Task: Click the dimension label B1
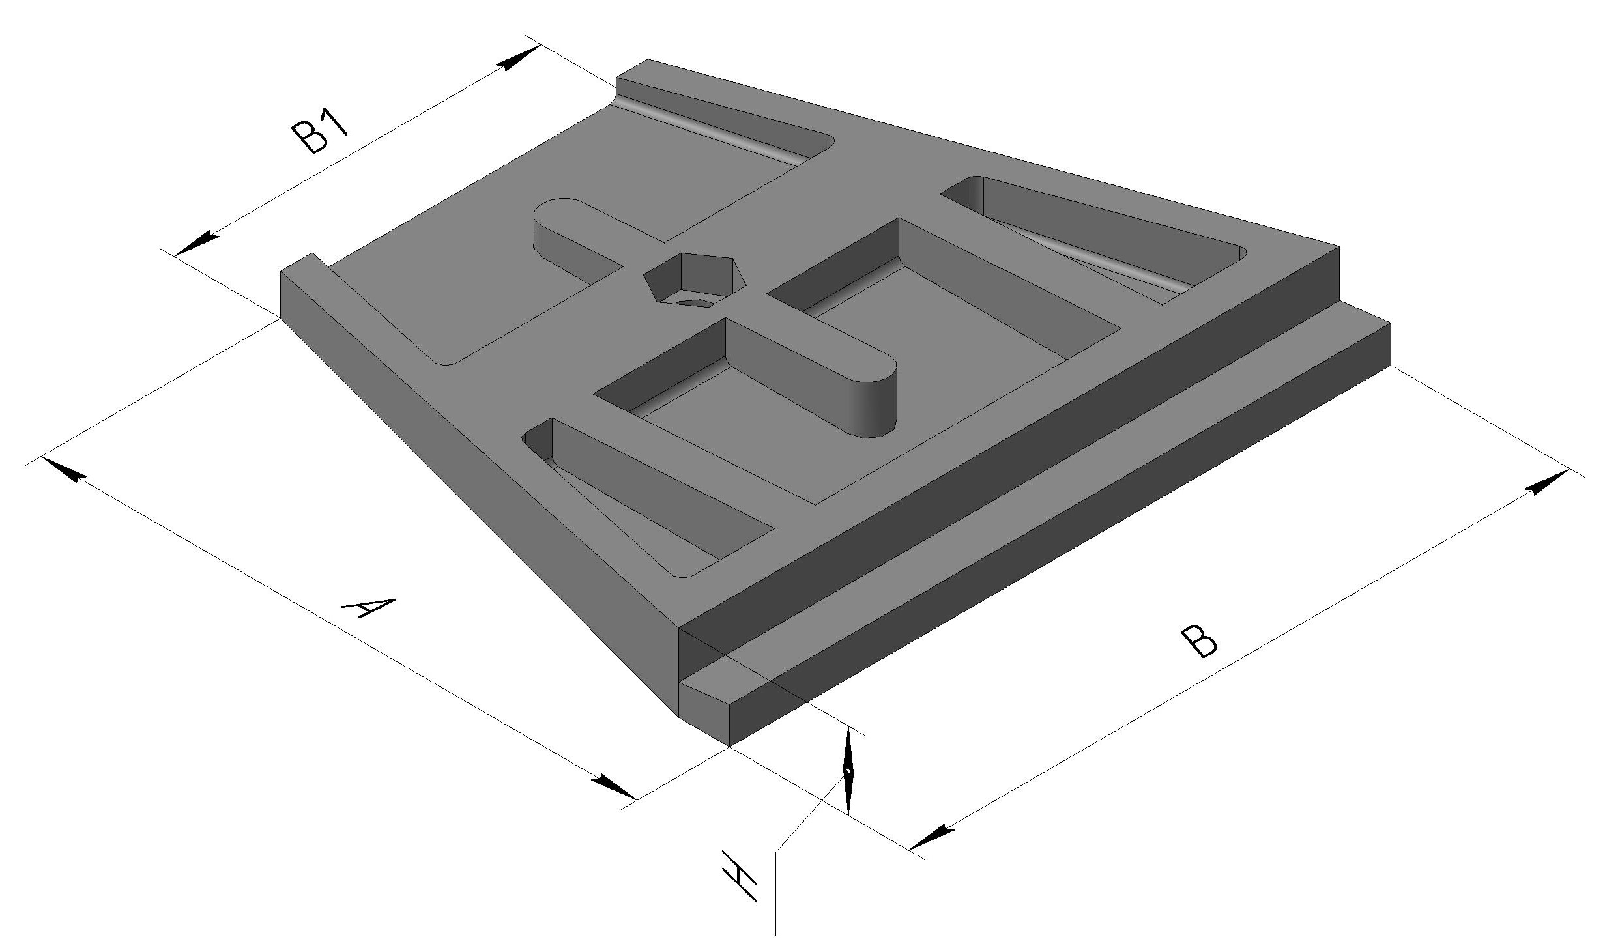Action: tap(320, 135)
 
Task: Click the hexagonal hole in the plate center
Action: tap(695, 281)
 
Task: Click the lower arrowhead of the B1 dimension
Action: tap(197, 244)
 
